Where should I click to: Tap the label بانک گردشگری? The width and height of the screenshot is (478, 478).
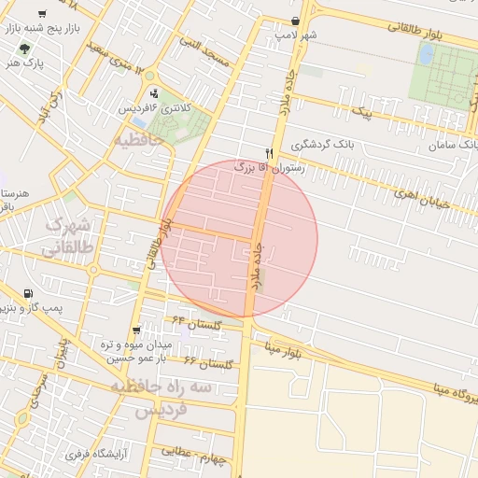pos(323,146)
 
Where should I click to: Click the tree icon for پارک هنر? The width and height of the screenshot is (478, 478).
pos(24,47)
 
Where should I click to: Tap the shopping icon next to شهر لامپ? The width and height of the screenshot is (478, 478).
pos(296,21)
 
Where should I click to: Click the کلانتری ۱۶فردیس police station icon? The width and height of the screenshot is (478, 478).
pos(154,93)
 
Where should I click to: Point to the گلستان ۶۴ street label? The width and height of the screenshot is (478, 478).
pos(197,322)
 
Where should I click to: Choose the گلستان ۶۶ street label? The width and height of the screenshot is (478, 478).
pos(204,361)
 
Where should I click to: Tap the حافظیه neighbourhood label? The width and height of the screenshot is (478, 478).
pos(139,140)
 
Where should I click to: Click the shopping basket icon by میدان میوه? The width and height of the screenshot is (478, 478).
pos(137,330)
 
